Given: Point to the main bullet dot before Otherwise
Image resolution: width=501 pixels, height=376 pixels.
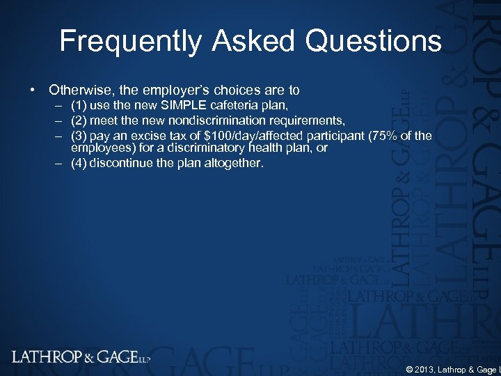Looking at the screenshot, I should coord(33,91).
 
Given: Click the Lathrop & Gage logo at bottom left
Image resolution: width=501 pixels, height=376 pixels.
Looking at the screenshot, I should coord(81,357).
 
